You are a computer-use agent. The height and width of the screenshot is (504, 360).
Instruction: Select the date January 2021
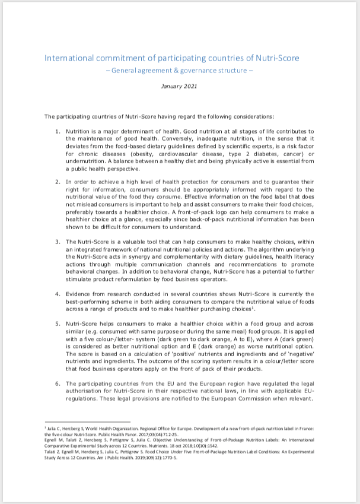point(180,86)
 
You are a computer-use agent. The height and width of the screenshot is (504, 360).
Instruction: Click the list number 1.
point(57,131)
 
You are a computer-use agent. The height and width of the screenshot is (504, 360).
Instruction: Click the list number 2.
point(57,182)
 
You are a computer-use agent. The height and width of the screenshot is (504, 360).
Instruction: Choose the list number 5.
point(57,324)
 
